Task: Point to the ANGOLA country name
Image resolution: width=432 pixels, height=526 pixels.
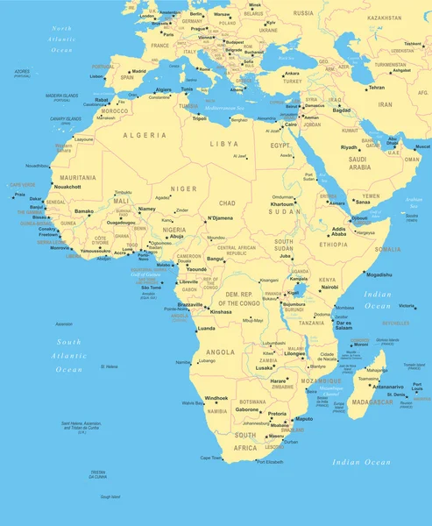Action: pos(220,352)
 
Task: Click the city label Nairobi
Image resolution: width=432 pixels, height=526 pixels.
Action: pos(329,288)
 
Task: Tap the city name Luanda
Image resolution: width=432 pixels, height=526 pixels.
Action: pos(207,328)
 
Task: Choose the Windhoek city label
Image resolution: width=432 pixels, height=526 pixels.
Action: pos(216,398)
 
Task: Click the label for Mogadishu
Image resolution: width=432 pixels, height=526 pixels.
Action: pos(379,274)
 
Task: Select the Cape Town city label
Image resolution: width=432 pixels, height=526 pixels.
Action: pos(211,458)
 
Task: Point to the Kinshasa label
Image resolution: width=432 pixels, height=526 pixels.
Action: pos(221,311)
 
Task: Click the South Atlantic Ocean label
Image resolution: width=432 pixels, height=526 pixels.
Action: pos(69,355)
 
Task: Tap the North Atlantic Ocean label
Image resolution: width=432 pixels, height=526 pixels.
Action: pos(62,39)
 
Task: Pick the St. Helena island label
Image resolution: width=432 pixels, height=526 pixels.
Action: pos(109,366)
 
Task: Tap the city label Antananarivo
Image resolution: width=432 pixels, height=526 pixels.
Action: pos(388,387)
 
